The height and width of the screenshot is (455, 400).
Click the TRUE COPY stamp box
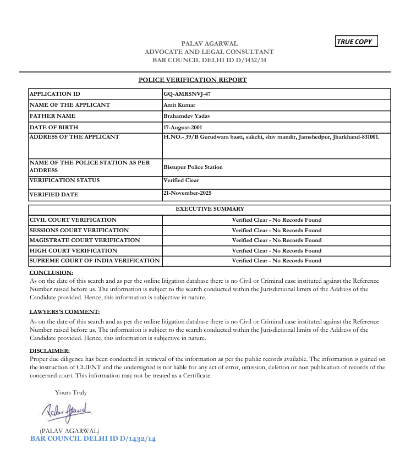(357, 41)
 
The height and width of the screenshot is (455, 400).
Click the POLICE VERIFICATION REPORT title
(193, 80)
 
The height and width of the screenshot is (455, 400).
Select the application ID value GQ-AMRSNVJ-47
(187, 94)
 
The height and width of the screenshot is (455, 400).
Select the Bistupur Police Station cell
(193, 167)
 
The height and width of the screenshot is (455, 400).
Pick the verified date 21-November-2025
(187, 193)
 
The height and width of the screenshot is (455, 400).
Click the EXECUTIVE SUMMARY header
(210, 209)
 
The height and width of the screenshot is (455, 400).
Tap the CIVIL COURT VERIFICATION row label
(73, 220)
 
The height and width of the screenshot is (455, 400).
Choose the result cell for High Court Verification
(276, 250)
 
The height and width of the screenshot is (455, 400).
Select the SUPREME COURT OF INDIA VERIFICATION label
(94, 261)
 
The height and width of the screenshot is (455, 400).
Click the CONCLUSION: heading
(51, 272)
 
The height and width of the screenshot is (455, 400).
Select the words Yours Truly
(71, 392)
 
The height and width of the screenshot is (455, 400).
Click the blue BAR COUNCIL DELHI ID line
(93, 438)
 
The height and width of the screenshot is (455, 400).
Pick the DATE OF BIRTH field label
(53, 127)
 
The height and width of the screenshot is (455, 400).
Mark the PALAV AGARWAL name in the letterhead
(209, 43)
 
